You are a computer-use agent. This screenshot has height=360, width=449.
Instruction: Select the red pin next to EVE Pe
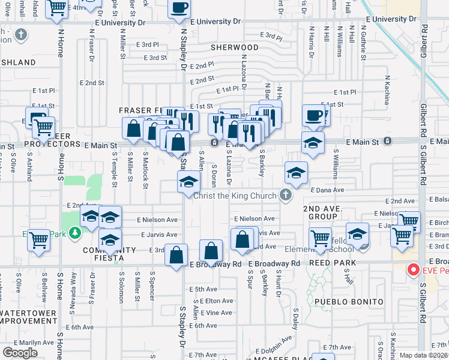click(413, 270)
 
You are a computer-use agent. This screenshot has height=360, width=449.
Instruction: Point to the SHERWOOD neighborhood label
click(234, 47)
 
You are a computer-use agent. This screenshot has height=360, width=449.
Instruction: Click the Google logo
click(20, 352)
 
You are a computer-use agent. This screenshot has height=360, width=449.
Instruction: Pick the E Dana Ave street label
click(327, 190)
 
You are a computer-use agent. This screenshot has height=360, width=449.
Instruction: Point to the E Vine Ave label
click(216, 313)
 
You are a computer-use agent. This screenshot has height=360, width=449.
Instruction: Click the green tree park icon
click(74, 232)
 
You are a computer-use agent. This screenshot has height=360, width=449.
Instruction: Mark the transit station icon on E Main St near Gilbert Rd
click(387, 142)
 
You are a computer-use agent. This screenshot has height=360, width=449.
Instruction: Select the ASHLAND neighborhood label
click(17, 62)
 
